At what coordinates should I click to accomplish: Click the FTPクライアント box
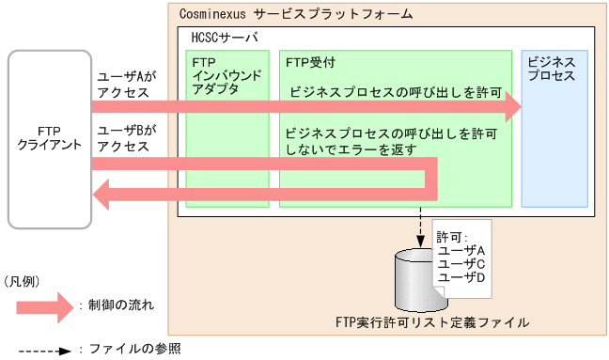tap(50, 139)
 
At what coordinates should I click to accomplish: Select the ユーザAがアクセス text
tap(127, 85)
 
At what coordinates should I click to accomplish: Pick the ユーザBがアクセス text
tap(127, 139)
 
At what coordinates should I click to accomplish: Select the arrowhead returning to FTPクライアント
tap(103, 195)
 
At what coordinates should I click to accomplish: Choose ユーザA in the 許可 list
tap(461, 251)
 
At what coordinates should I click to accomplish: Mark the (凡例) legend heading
tap(23, 281)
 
